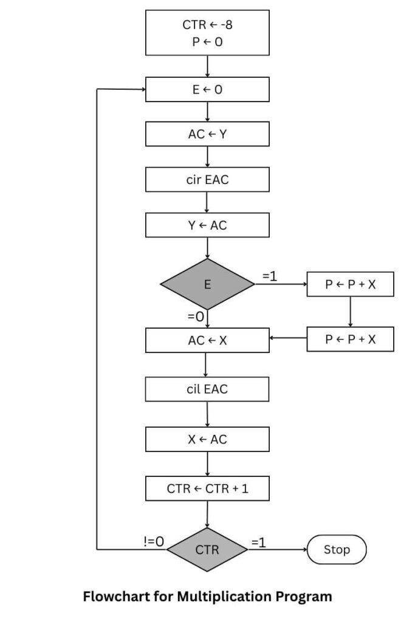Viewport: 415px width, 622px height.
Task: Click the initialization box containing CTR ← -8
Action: click(x=207, y=32)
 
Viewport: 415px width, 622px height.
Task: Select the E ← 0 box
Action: click(x=207, y=89)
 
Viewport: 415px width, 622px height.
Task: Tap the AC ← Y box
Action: click(x=207, y=134)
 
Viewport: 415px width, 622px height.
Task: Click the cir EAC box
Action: click(x=207, y=179)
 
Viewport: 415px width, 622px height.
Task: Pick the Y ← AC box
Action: click(x=207, y=225)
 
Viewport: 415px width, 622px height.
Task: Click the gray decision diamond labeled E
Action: click(x=207, y=284)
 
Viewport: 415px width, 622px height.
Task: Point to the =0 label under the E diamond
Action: click(x=196, y=316)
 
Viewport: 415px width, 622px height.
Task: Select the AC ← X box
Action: click(x=207, y=340)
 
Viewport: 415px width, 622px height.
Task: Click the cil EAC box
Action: click(x=207, y=389)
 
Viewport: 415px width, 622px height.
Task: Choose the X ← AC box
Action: click(x=207, y=439)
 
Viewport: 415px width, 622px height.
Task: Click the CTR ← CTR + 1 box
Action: click(x=207, y=488)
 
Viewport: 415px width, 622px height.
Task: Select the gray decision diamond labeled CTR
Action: click(x=207, y=550)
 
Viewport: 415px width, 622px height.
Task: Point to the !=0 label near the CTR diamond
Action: click(x=154, y=541)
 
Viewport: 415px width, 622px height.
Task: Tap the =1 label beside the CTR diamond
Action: click(x=258, y=542)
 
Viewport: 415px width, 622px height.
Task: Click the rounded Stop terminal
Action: click(x=337, y=550)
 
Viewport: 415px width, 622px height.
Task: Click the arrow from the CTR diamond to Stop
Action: click(x=278, y=550)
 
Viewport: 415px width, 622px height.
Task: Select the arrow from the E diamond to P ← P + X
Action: click(x=281, y=284)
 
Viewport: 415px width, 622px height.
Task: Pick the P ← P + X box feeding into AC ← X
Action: click(x=351, y=339)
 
